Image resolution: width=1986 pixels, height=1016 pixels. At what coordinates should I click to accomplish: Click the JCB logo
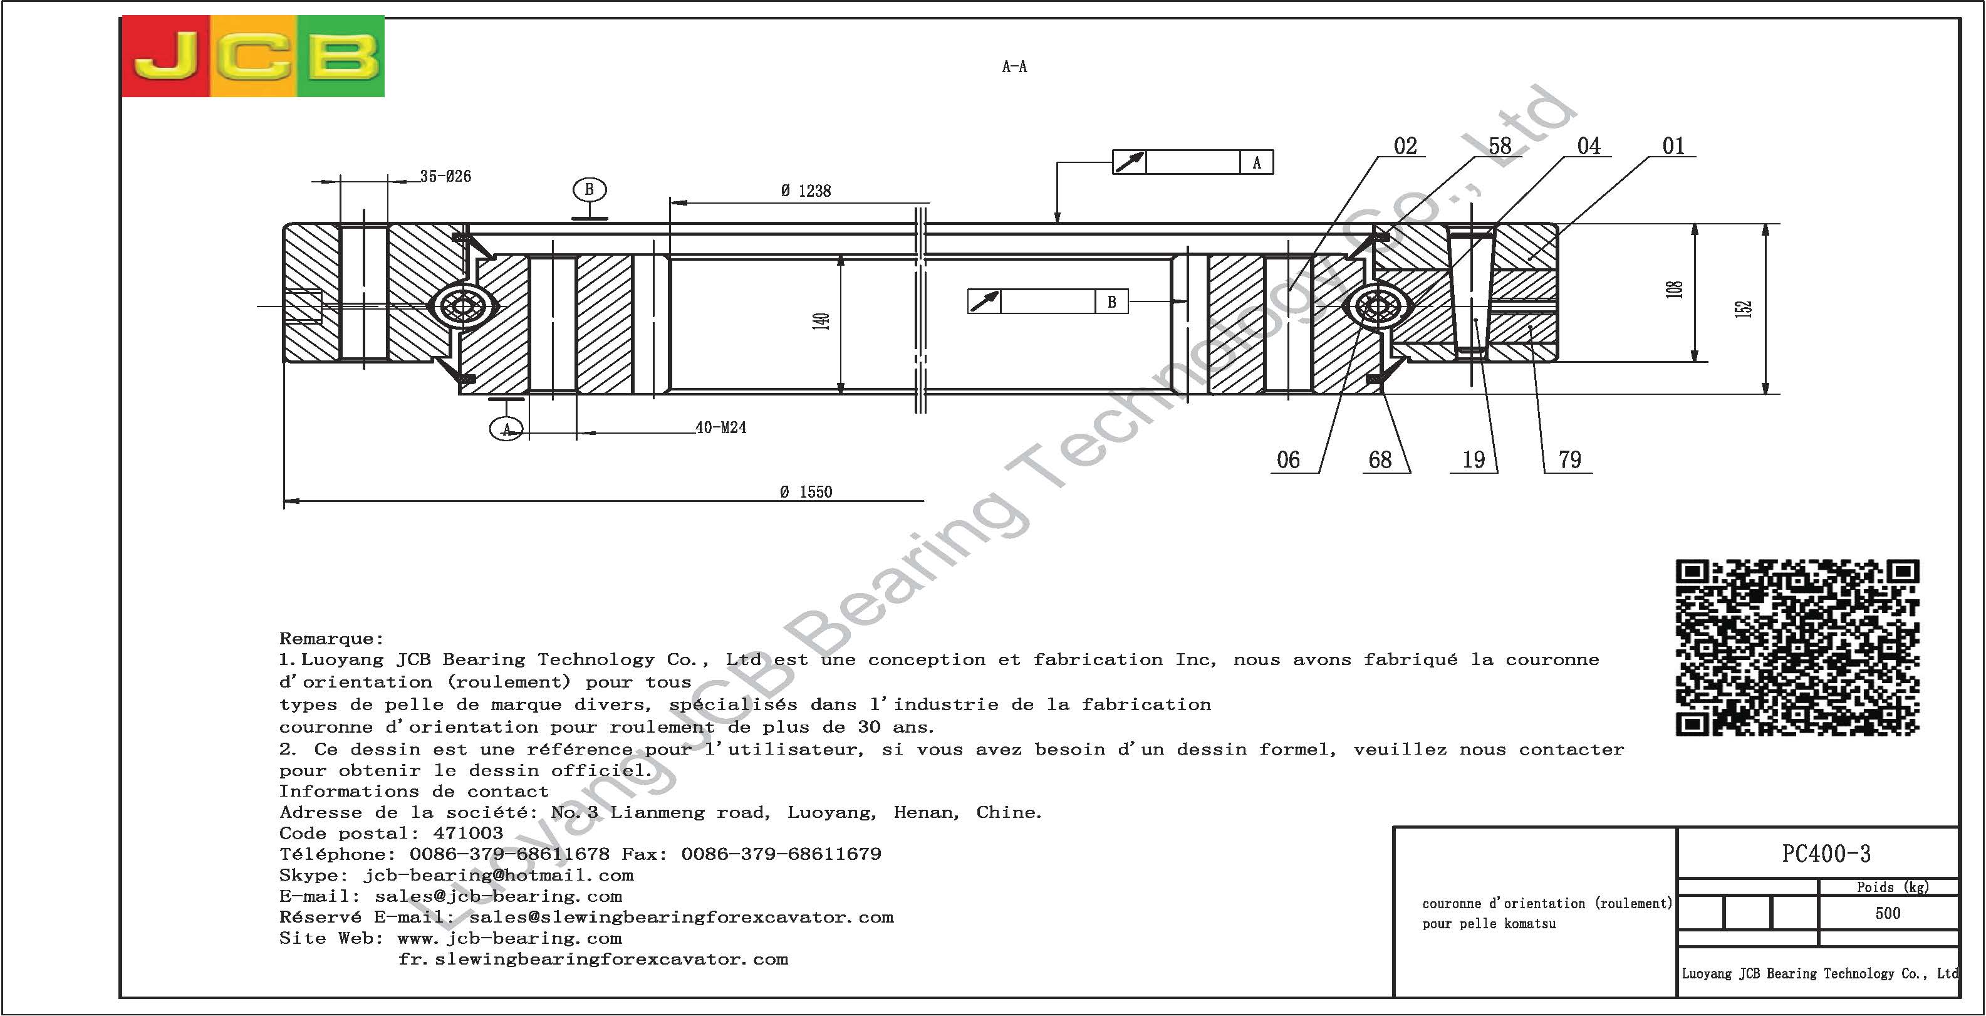[x=253, y=56]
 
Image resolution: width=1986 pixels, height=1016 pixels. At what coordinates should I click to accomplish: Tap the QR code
[x=1797, y=647]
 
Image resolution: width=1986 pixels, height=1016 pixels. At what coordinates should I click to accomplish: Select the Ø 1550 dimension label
[x=806, y=492]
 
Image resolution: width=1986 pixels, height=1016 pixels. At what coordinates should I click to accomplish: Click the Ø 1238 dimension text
[x=806, y=191]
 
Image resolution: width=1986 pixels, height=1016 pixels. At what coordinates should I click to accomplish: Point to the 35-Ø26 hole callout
[x=445, y=176]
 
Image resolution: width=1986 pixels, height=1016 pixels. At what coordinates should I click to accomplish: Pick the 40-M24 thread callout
[x=721, y=427]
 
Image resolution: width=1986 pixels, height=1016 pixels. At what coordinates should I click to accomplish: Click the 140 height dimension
[x=821, y=321]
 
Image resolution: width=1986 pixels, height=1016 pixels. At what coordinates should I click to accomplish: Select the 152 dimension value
[x=1744, y=308]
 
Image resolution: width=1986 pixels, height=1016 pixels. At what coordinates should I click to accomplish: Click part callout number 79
[x=1569, y=460]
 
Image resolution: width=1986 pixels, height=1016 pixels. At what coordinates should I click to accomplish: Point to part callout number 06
[x=1288, y=460]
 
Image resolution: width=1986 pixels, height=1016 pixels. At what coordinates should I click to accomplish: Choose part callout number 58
[x=1499, y=146]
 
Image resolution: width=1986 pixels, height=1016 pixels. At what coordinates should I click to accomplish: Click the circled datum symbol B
[x=589, y=190]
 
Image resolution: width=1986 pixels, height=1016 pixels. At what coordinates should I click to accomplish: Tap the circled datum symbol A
[x=506, y=428]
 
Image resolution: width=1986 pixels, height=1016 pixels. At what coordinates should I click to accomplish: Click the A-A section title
[x=1014, y=67]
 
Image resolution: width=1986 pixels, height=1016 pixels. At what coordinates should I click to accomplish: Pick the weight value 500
[x=1888, y=913]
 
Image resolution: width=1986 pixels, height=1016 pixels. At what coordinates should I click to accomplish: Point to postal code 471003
[x=467, y=833]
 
